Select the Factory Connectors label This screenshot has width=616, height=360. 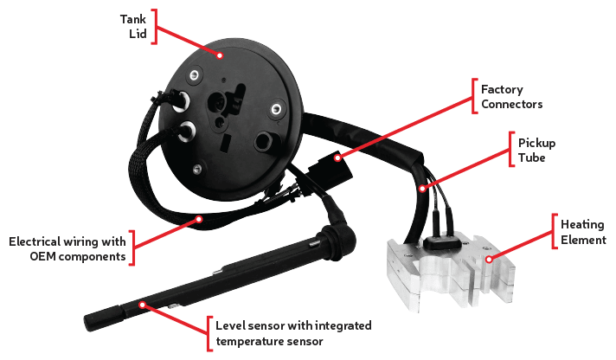tap(513, 96)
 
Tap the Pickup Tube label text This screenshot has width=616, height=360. tap(536, 149)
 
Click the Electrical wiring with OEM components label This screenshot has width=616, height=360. tap(67, 248)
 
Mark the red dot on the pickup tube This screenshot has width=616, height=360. tap(422, 189)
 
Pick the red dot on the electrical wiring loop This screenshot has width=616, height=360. tap(200, 218)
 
